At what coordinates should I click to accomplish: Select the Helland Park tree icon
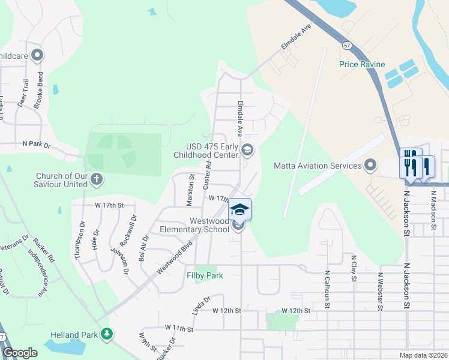click(x=107, y=333)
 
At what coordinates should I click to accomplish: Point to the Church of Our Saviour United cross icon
click(x=97, y=179)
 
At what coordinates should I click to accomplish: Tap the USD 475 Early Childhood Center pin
click(x=247, y=149)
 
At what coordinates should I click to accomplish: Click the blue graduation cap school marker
click(x=240, y=209)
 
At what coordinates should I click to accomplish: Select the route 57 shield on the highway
click(x=347, y=45)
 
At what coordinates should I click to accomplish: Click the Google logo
click(x=20, y=353)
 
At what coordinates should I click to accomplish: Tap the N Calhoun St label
click(x=327, y=289)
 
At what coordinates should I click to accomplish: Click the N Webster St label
click(x=380, y=292)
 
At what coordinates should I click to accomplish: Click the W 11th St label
click(x=179, y=329)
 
